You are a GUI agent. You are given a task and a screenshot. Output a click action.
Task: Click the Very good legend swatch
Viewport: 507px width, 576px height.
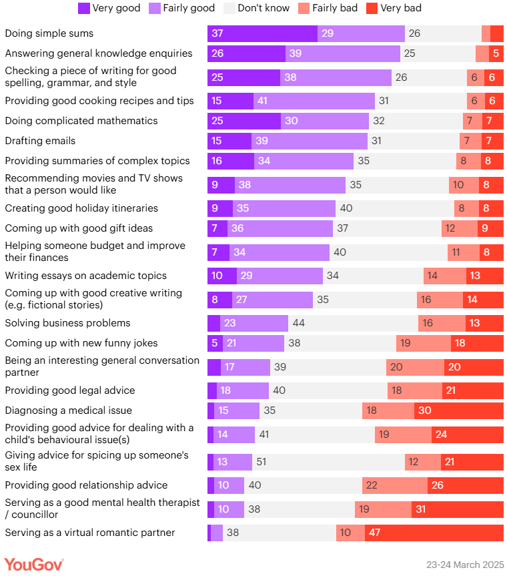tap(83, 9)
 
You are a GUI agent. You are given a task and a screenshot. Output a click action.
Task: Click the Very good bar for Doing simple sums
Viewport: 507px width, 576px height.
tap(262, 33)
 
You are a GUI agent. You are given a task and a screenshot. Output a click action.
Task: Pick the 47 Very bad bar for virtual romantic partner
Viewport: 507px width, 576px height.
tap(434, 533)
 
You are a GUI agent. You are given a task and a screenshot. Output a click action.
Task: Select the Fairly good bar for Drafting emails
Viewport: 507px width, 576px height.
tap(310, 141)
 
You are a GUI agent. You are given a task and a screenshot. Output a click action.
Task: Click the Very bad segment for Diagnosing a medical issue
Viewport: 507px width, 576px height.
tap(459, 410)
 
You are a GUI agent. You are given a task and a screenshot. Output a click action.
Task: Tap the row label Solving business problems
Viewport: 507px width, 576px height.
tap(67, 323)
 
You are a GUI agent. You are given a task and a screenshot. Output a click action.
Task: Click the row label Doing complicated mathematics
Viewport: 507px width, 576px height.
tap(81, 121)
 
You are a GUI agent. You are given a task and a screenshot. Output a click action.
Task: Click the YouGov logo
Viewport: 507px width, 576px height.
tap(34, 564)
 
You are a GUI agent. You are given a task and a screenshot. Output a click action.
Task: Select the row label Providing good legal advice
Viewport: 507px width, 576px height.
tap(70, 390)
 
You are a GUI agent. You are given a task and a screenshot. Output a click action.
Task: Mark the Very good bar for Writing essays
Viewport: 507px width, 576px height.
tap(222, 276)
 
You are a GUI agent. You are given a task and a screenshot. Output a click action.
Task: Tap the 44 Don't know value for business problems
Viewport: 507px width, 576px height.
tap(299, 323)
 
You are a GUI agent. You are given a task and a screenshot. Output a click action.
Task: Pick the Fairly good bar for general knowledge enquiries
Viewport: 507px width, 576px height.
tap(343, 53)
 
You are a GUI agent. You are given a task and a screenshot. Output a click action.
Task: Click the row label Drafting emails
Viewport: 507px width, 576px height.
tap(40, 141)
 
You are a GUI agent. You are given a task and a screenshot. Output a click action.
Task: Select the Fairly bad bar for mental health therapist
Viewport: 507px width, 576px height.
tap(383, 509)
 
